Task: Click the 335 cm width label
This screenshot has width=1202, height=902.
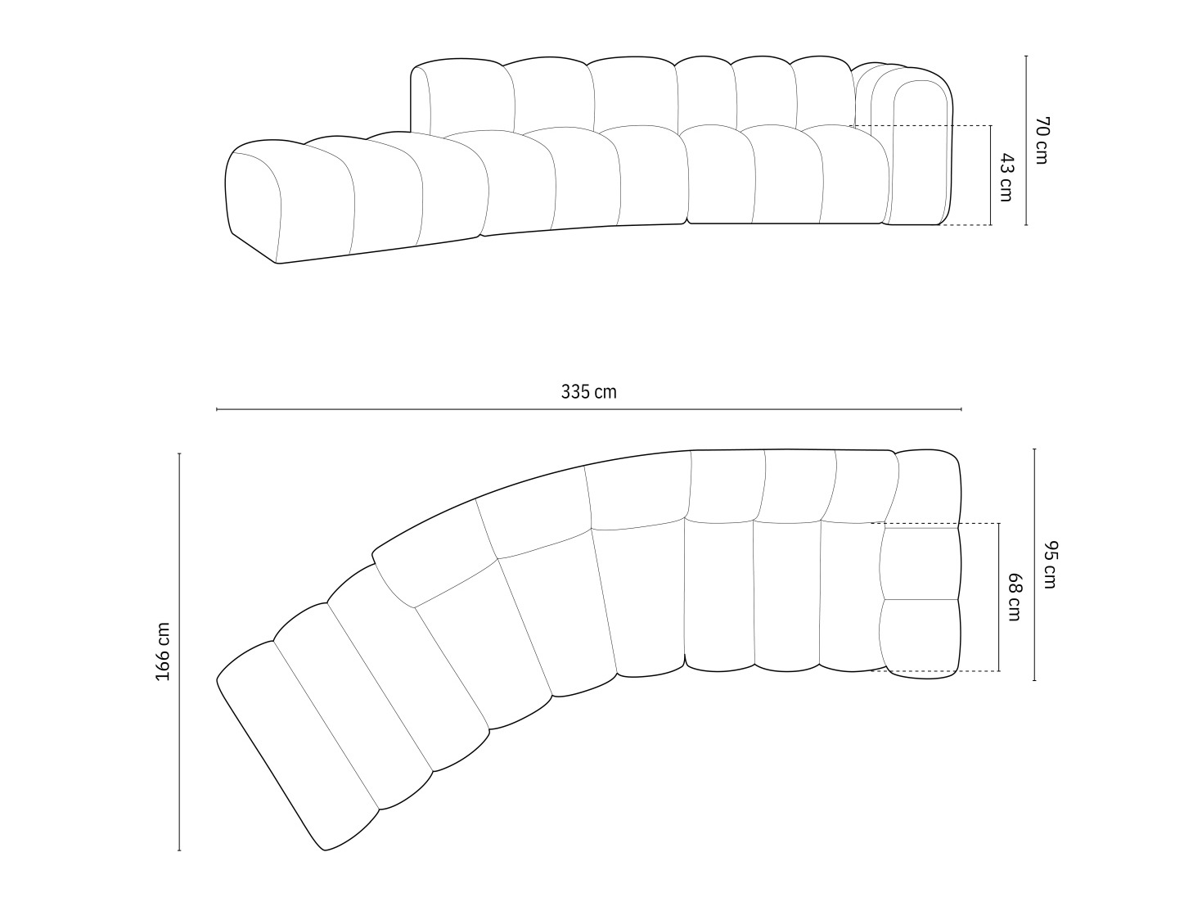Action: pyautogui.click(x=588, y=392)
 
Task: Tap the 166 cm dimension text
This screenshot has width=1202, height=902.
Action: pyautogui.click(x=163, y=652)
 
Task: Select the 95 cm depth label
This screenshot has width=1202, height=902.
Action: pyautogui.click(x=1049, y=565)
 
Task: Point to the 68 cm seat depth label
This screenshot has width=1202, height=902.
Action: pyautogui.click(x=1013, y=598)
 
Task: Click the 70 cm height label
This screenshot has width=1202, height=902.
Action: pyautogui.click(x=1041, y=140)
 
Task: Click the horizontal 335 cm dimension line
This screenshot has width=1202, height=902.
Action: pyautogui.click(x=588, y=408)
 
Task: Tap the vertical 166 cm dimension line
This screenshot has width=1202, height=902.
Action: pyautogui.click(x=179, y=737)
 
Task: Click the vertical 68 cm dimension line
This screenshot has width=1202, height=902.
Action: pyautogui.click(x=998, y=638)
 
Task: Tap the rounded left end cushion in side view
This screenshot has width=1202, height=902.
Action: pyautogui.click(x=254, y=201)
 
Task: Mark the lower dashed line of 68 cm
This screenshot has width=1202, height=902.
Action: pyautogui.click(x=933, y=671)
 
